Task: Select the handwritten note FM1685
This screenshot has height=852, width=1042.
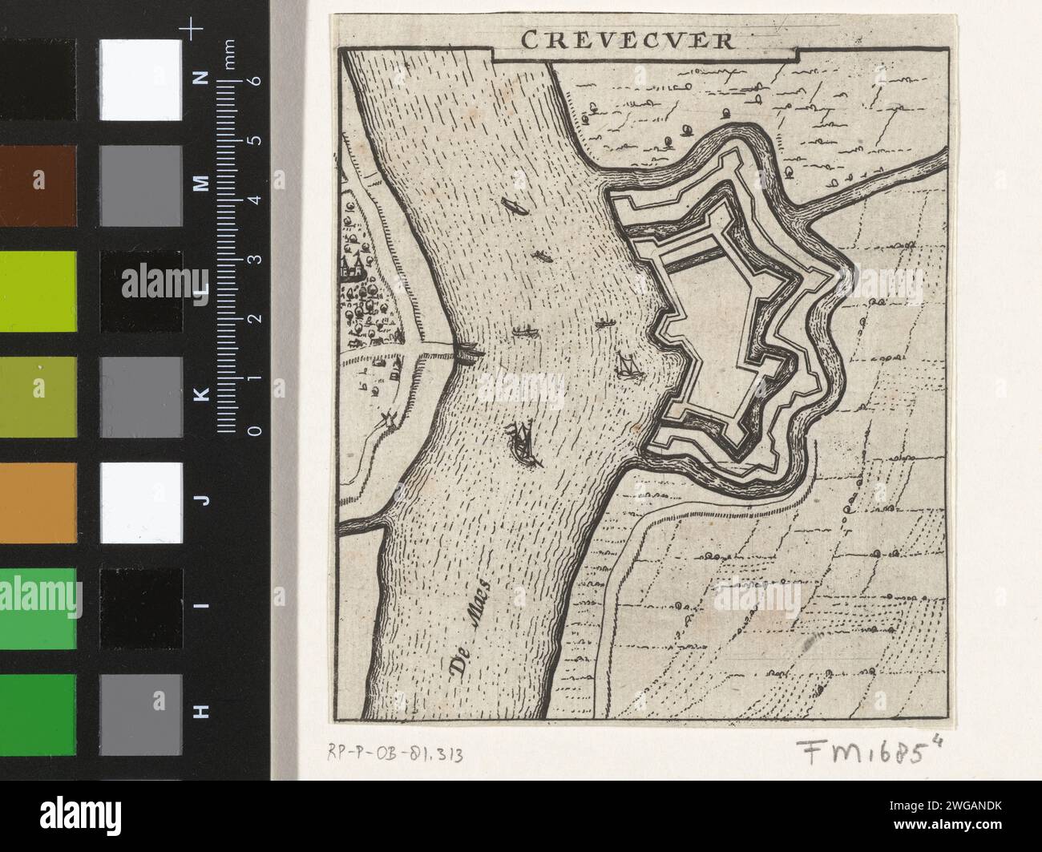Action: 874,751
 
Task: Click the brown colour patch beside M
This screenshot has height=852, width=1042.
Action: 38,184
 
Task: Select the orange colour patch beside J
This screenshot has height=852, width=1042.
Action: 38,501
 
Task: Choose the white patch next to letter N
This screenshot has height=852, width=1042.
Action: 141,78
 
